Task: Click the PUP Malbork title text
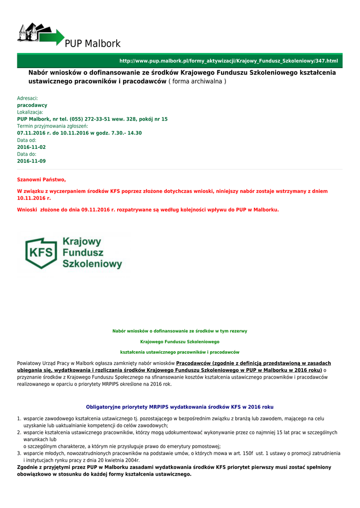pyautogui.click(x=93, y=44)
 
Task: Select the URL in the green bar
pyautogui.click(x=228, y=61)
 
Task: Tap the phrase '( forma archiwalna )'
pyautogui.click(x=197, y=81)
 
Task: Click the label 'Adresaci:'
pyautogui.click(x=28, y=99)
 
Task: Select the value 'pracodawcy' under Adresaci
pyautogui.click(x=32, y=106)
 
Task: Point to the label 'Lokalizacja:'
pyautogui.click(x=30, y=113)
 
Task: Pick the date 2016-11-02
pyautogui.click(x=31, y=147)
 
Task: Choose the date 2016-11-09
pyautogui.click(x=31, y=161)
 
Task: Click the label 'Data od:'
pyautogui.click(x=27, y=140)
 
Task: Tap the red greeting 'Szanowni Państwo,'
pyautogui.click(x=42, y=180)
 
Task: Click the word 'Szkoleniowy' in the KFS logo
pyautogui.click(x=92, y=264)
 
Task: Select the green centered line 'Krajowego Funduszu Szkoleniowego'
pyautogui.click(x=180, y=342)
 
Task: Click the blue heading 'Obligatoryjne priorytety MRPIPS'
pyautogui.click(x=180, y=407)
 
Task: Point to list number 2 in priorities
pyautogui.click(x=19, y=433)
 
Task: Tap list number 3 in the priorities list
pyautogui.click(x=19, y=453)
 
